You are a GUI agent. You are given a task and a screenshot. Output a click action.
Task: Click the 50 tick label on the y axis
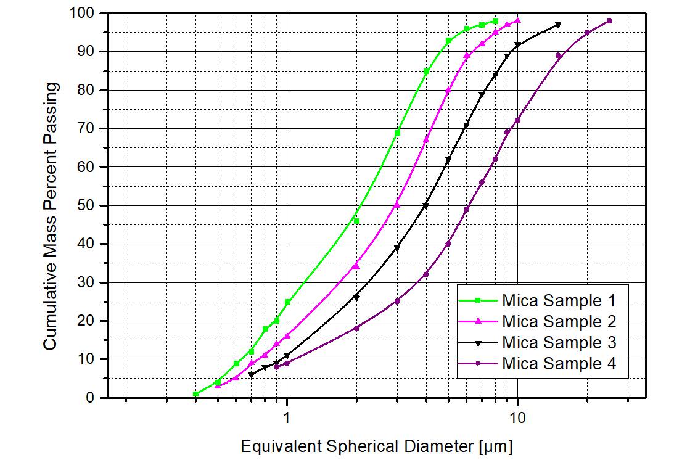[90, 205]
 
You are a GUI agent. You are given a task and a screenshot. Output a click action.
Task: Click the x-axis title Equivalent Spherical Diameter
[376, 445]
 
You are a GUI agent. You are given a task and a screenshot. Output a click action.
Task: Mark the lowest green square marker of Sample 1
[195, 394]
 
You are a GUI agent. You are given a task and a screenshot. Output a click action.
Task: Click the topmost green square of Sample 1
[495, 21]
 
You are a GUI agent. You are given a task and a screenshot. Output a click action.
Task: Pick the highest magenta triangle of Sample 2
[518, 20]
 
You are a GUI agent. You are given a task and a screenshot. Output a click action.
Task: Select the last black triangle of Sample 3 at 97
[559, 25]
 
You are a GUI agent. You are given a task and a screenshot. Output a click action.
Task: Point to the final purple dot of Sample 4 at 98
[609, 21]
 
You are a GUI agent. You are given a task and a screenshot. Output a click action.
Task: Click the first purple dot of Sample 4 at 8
[276, 367]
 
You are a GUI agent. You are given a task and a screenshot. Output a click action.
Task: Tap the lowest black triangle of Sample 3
[251, 374]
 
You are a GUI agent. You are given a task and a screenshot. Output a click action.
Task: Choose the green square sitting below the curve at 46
[356, 221]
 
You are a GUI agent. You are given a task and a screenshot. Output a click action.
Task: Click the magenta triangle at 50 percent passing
[397, 205]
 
